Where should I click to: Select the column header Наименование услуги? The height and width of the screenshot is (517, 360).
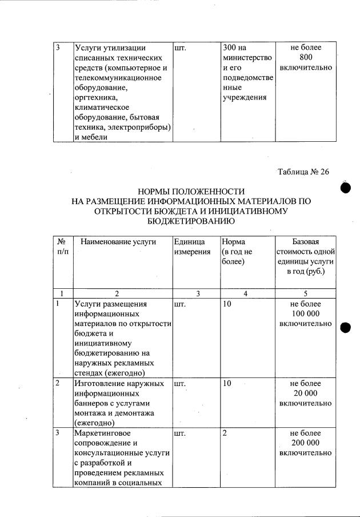tap(118, 242)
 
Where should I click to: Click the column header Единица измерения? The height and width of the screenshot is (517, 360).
tap(191, 247)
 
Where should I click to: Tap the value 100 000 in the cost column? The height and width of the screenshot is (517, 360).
tap(305, 314)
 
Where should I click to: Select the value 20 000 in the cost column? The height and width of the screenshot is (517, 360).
tap(305, 393)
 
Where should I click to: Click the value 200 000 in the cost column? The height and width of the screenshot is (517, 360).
tap(305, 443)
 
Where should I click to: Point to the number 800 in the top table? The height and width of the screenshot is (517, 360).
tap(305, 58)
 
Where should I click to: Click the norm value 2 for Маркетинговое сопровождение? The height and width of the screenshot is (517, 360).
tap(225, 434)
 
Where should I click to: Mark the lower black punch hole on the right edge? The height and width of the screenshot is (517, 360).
tap(345, 327)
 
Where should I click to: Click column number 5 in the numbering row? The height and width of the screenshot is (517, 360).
tap(305, 293)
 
